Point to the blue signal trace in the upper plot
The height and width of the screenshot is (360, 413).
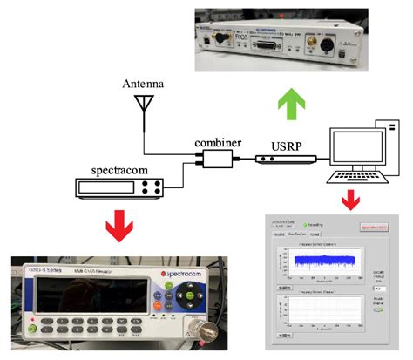[322, 258]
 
